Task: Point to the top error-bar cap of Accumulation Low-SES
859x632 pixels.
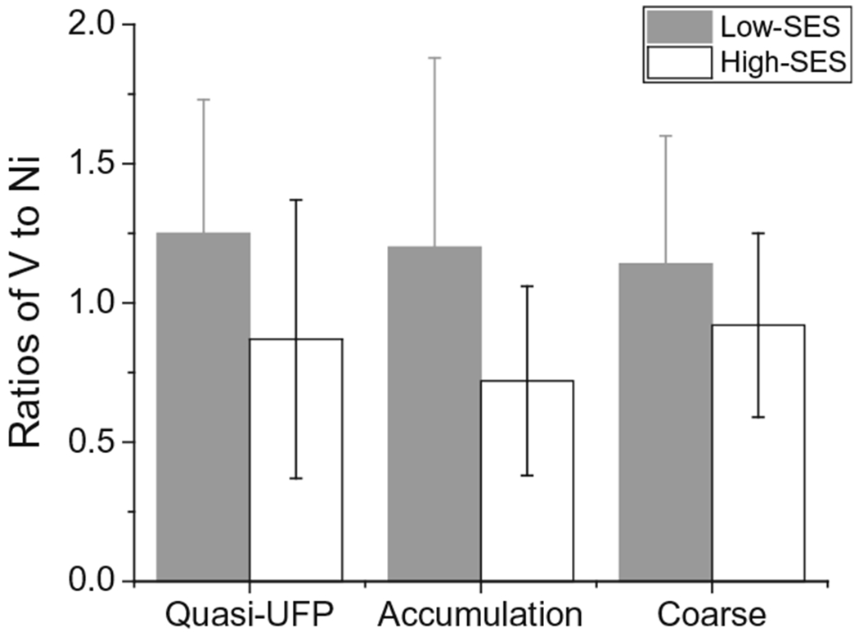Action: point(434,58)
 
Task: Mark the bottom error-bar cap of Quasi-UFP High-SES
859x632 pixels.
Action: point(296,478)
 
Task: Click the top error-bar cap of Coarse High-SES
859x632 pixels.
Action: point(758,233)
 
